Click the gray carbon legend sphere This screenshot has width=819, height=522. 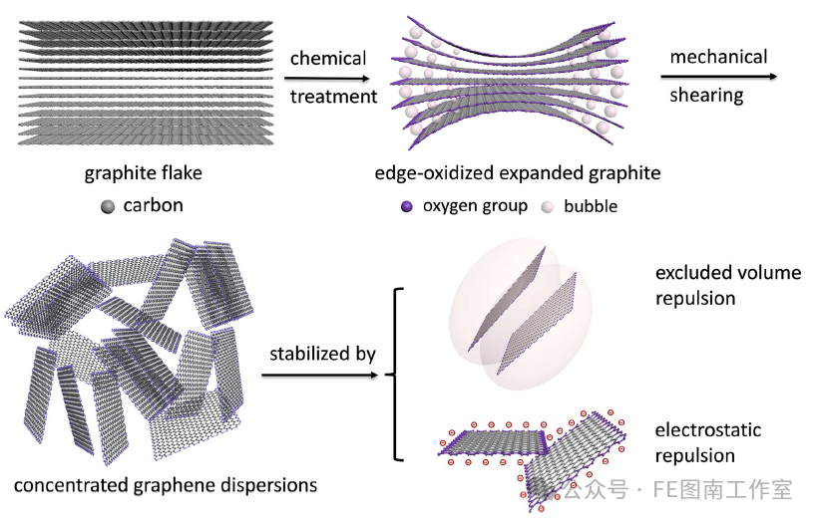pyautogui.click(x=108, y=207)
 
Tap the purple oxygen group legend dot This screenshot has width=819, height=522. pyautogui.click(x=406, y=207)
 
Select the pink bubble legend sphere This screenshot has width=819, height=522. pyautogui.click(x=546, y=207)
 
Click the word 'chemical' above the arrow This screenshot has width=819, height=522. pyautogui.click(x=328, y=58)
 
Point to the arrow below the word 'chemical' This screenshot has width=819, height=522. pyautogui.click(x=329, y=78)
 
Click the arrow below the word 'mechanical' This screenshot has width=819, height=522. pyautogui.click(x=717, y=76)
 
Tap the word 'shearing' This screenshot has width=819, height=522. pyautogui.click(x=706, y=96)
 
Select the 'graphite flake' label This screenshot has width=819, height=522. pyautogui.click(x=144, y=173)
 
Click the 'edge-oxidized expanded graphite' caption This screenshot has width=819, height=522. pyautogui.click(x=518, y=173)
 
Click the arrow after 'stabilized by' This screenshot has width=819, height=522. pyautogui.click(x=320, y=375)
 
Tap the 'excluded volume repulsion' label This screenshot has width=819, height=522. pyautogui.click(x=727, y=285)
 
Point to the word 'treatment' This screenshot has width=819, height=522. pyautogui.click(x=333, y=97)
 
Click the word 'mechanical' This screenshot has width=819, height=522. pyautogui.click(x=718, y=57)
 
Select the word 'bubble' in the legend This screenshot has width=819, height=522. pyautogui.click(x=591, y=207)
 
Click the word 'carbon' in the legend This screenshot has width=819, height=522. pyautogui.click(x=154, y=207)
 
